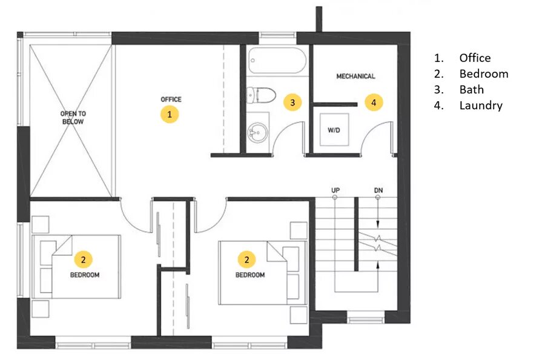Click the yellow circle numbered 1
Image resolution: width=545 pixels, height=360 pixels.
170,114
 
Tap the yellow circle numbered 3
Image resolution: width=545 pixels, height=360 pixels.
292,102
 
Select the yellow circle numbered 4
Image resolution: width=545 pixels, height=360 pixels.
374,102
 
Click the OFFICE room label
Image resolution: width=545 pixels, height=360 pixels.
171,99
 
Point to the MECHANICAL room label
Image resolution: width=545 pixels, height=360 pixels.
355,76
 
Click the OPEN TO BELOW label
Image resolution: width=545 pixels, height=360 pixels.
73,118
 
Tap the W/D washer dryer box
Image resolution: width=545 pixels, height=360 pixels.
334,130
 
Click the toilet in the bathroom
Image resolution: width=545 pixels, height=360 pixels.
261,95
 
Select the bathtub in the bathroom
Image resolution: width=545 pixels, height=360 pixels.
277,61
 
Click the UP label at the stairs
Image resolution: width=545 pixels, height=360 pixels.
335,190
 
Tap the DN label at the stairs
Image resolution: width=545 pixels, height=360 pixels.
378,190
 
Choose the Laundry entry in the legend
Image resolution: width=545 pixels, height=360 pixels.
481,105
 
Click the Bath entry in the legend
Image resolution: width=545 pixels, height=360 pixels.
472,89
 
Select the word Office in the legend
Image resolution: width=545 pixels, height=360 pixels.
475,58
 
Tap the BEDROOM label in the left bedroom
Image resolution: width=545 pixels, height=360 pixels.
85,275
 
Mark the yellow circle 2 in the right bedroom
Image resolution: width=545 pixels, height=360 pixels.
247,259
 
